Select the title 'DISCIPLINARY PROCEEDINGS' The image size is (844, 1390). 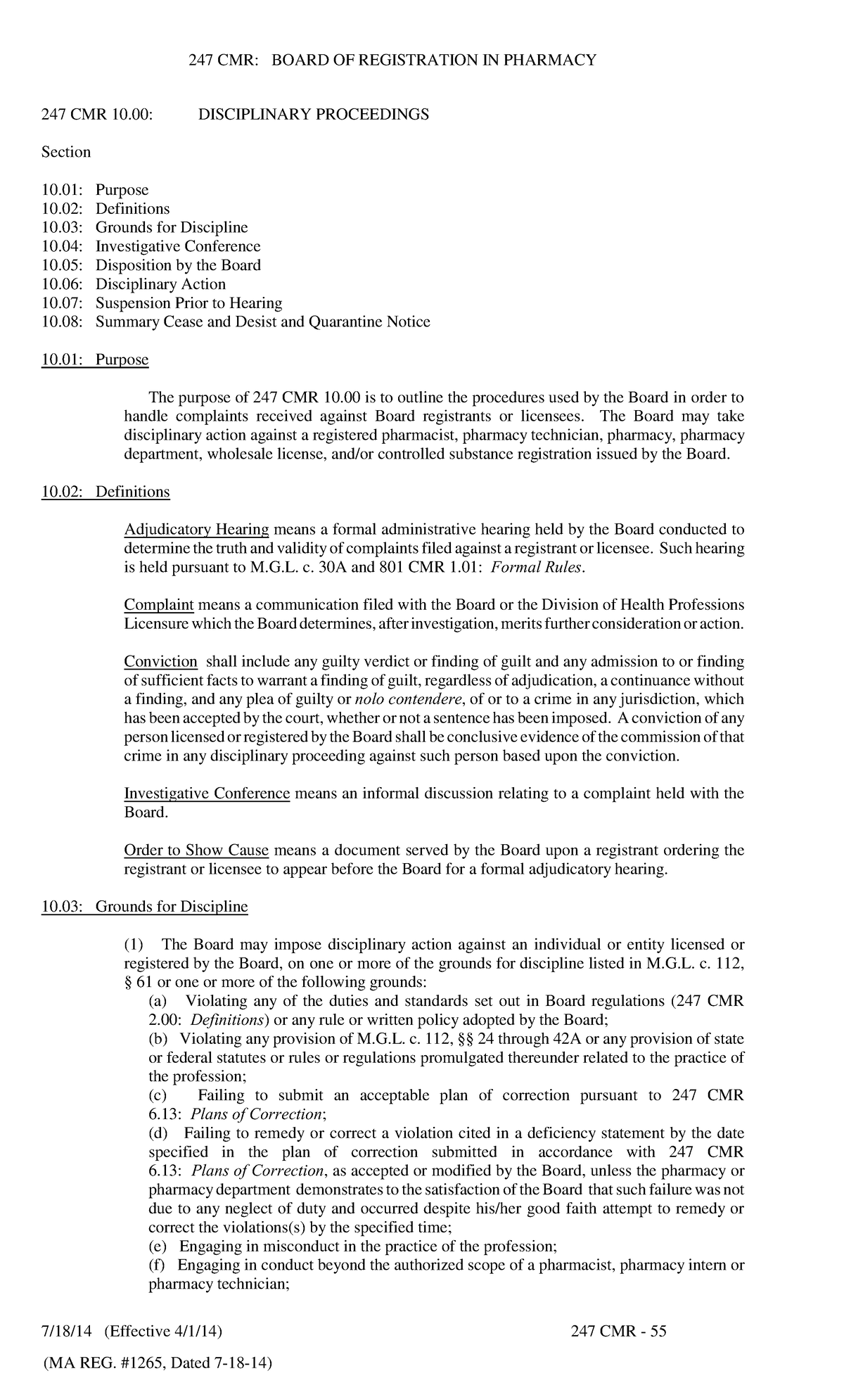coord(313,115)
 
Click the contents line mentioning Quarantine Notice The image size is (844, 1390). coord(236,322)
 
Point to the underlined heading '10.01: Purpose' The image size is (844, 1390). coord(95,360)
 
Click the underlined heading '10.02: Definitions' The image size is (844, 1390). coord(105,492)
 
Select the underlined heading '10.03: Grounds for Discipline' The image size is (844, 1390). coord(144,907)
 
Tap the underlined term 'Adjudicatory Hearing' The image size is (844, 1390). coord(196,530)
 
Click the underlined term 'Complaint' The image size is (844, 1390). coord(159,605)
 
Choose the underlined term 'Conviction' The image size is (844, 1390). coord(160,662)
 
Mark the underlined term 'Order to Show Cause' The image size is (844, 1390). coord(196,850)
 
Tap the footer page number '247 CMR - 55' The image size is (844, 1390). coord(618,1332)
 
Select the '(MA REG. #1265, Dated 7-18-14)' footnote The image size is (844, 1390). coord(157,1364)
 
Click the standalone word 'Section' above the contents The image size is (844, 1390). coord(66,153)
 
